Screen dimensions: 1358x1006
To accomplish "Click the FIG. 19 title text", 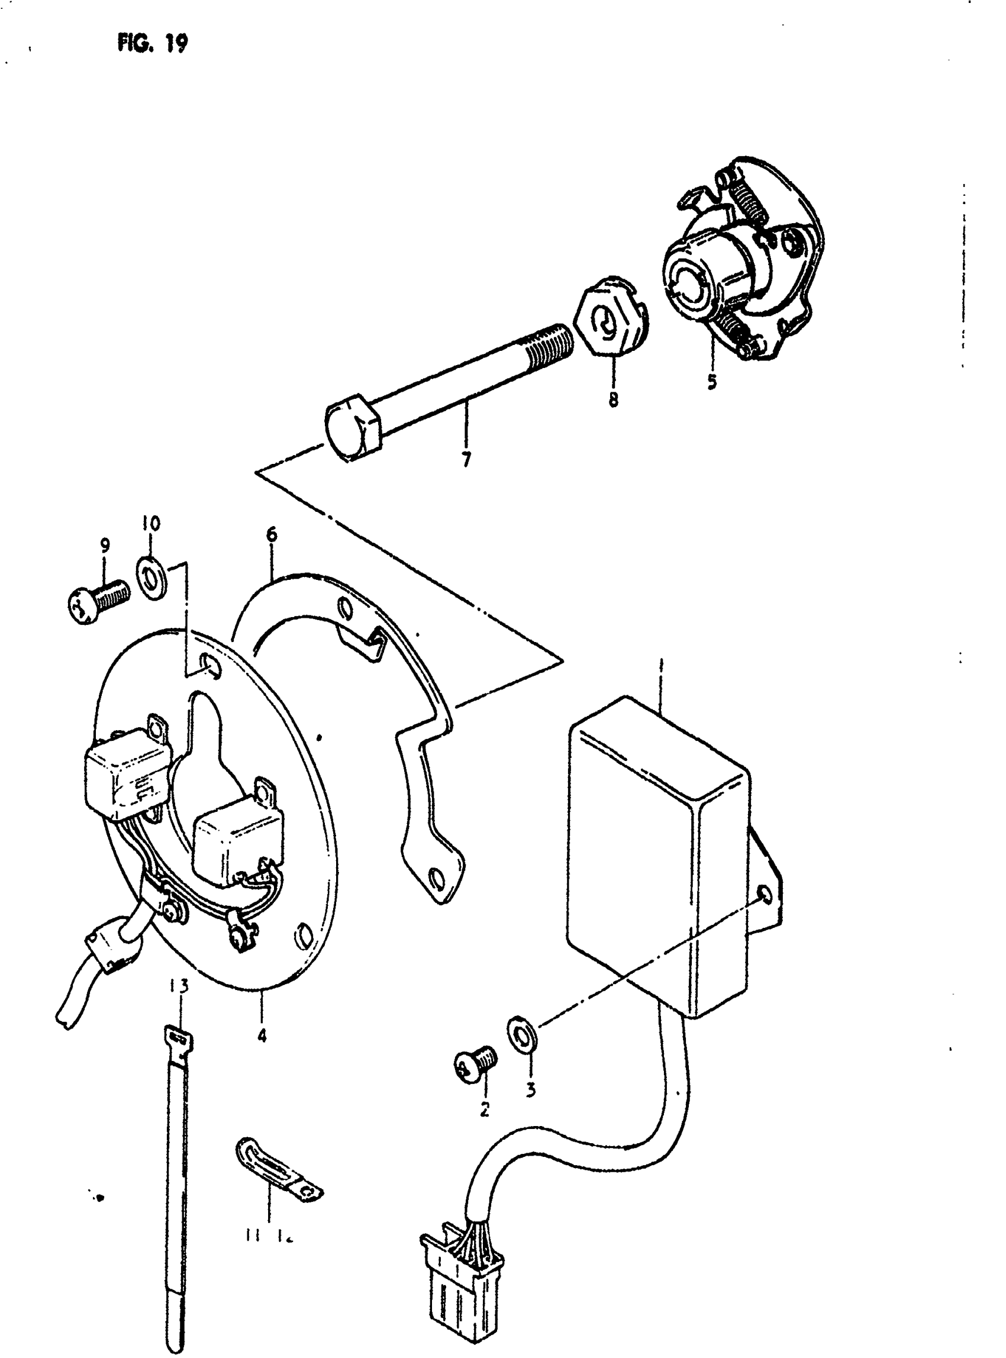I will click(x=152, y=44).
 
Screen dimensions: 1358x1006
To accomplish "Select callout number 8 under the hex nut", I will click(x=612, y=399).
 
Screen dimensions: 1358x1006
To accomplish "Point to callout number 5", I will click(x=711, y=382).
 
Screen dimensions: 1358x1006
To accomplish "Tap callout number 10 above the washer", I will click(x=151, y=523).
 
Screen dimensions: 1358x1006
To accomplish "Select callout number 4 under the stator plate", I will click(x=262, y=1036).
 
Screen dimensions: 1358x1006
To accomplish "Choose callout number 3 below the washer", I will click(x=530, y=1090).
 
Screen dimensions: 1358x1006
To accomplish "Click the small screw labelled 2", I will click(x=476, y=1062).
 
